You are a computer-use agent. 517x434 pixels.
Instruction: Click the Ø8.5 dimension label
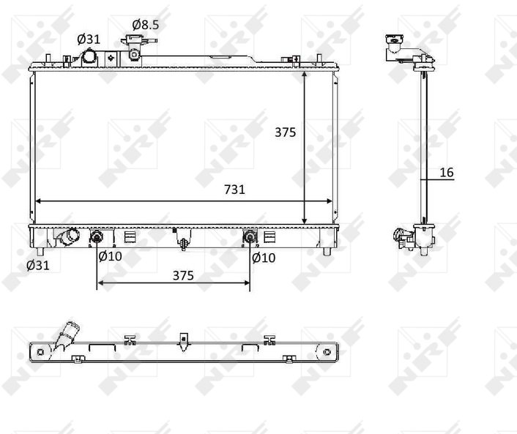click(146, 25)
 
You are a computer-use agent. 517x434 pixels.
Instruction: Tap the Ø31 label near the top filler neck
click(89, 40)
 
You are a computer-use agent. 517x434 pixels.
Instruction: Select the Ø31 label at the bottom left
click(38, 265)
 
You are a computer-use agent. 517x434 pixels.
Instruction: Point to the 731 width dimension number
click(234, 190)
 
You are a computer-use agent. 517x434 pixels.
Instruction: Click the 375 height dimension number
click(286, 132)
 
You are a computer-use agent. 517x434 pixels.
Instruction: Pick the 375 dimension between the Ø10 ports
click(183, 275)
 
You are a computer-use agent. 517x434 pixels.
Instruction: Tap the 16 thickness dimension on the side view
click(447, 172)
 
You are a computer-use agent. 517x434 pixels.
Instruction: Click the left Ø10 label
click(110, 256)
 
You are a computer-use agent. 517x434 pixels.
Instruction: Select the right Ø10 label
click(264, 258)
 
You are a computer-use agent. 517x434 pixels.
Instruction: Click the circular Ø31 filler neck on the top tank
click(89, 56)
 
